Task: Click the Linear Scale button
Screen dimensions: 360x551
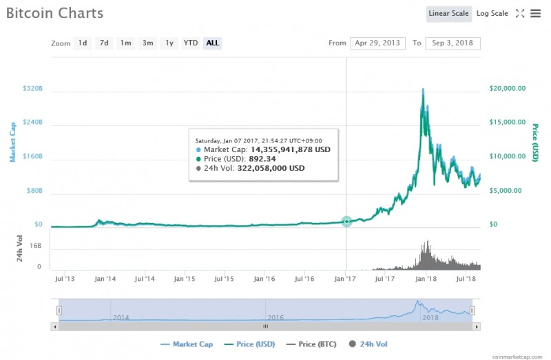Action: (x=448, y=13)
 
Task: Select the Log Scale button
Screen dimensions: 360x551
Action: (x=492, y=13)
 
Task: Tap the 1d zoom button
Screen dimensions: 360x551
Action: (x=83, y=43)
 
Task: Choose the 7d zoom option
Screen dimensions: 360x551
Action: (x=104, y=43)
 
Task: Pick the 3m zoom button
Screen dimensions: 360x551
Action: (x=147, y=43)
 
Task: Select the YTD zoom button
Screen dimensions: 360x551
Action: (x=190, y=43)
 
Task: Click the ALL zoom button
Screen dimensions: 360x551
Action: (x=213, y=43)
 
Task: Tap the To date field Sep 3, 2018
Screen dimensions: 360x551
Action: (x=452, y=43)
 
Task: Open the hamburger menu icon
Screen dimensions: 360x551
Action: (x=535, y=13)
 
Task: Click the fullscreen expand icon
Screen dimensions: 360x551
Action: (x=520, y=13)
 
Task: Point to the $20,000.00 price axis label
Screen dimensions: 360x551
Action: (x=508, y=88)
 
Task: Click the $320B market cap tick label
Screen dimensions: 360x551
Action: (x=33, y=89)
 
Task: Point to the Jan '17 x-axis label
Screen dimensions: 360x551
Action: (x=346, y=279)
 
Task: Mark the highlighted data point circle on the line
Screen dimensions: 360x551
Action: (x=346, y=221)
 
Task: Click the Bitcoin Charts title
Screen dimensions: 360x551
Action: (x=54, y=13)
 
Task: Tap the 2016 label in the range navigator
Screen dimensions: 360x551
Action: (x=275, y=318)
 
